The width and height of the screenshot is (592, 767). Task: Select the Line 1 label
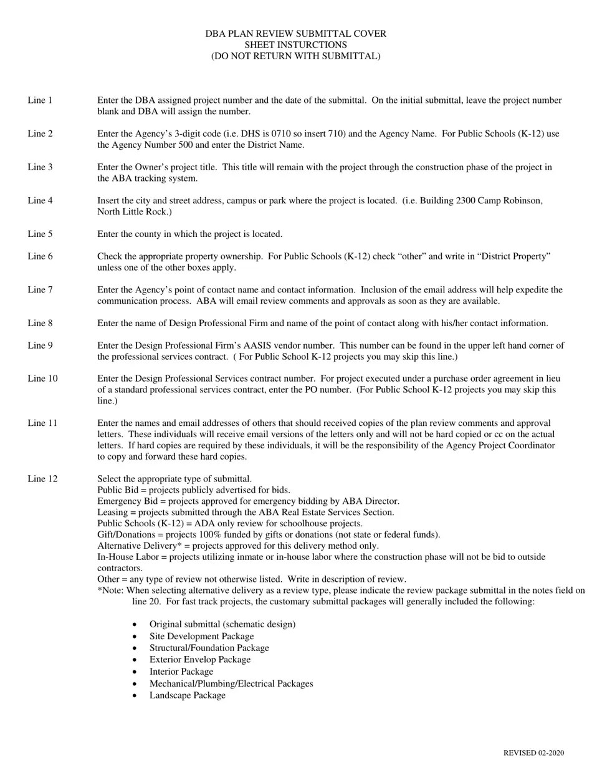point(40,100)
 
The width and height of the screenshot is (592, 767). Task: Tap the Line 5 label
point(40,234)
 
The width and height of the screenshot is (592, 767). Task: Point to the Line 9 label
point(40,345)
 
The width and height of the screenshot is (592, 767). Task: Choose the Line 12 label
point(42,479)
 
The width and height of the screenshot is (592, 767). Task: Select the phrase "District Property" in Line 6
point(512,256)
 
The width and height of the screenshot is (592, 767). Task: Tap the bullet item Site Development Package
point(201,637)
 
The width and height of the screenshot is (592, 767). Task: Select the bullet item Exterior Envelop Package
point(199,660)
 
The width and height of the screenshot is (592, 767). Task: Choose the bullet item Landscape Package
point(187,695)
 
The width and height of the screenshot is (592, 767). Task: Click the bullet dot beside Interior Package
point(135,672)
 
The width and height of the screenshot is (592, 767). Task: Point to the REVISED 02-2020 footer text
point(533,753)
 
